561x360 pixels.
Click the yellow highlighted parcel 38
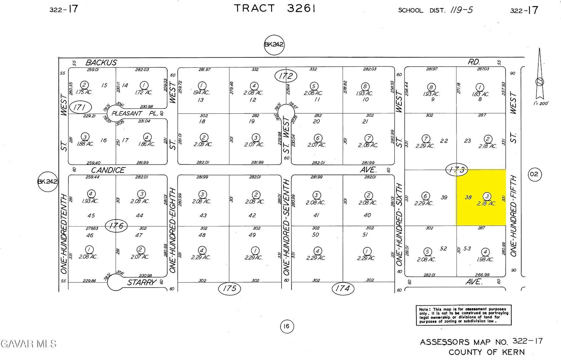point(481,198)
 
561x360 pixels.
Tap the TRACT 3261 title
point(274,8)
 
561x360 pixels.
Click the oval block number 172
point(286,76)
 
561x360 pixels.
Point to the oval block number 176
point(116,226)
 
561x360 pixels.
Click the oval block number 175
point(229,288)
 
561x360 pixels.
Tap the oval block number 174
point(342,288)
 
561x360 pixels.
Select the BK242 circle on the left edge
point(48,182)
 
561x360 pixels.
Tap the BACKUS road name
point(101,62)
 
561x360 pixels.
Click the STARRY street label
point(142,283)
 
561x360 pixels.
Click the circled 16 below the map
point(286,326)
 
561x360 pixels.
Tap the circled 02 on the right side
point(534,174)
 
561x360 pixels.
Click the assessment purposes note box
point(463,315)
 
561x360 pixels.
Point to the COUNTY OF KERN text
point(486,352)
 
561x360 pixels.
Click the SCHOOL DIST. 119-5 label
point(435,10)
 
